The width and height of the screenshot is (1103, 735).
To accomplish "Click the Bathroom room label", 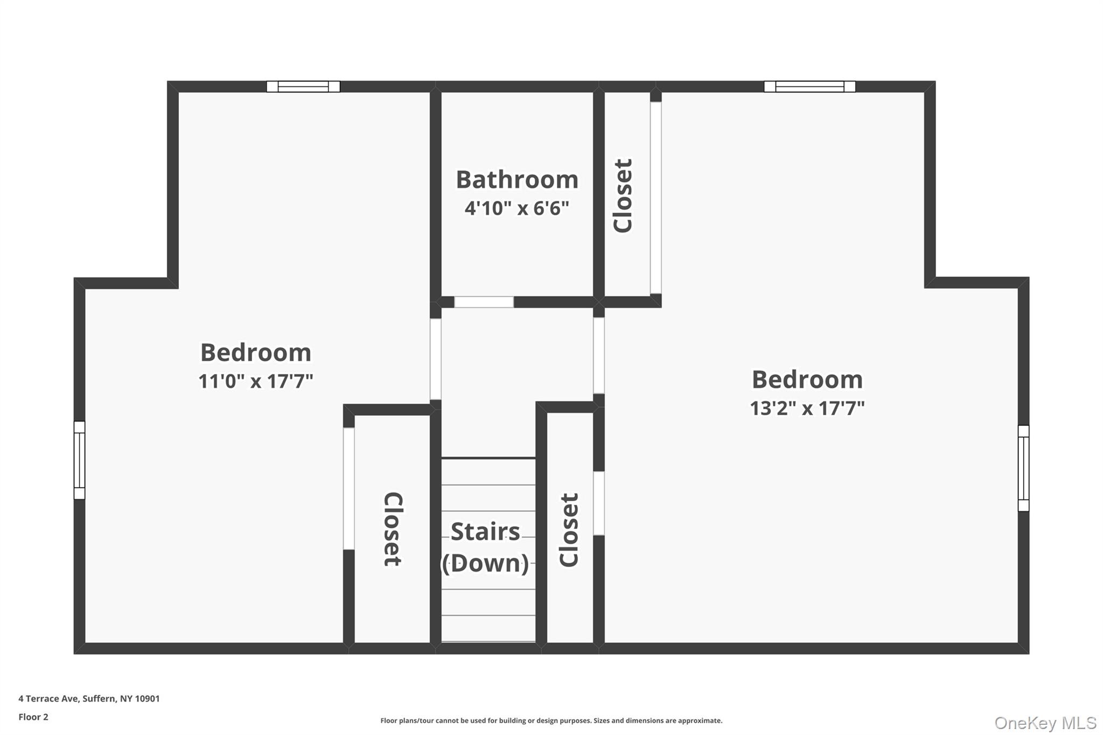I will (517, 180).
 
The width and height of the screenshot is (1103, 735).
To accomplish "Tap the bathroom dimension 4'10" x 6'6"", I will (517, 208).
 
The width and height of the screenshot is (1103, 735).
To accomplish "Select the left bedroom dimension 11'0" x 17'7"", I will (256, 381).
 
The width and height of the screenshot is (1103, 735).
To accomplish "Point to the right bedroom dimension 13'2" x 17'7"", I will (807, 408).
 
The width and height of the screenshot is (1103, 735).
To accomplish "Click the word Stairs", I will (485, 532).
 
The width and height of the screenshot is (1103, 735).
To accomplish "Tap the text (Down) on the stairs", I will (485, 563).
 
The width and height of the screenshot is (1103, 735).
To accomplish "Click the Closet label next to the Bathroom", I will (623, 195).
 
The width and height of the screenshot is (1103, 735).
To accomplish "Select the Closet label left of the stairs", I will (393, 529).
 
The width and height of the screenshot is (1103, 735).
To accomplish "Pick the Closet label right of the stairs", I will (569, 530).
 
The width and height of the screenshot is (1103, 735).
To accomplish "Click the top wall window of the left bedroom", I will (303, 87).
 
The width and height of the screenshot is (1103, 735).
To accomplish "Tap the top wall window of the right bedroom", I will (809, 87).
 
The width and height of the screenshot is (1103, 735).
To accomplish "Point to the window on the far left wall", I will (79, 460).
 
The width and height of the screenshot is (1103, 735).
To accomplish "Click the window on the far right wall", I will (1023, 468).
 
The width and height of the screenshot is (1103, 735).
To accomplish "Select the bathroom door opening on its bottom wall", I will (484, 302).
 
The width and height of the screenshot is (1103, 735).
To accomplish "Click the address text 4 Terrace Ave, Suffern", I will (89, 698).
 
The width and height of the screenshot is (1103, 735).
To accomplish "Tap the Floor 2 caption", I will (33, 717).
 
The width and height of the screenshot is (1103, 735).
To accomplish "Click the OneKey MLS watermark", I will (1045, 723).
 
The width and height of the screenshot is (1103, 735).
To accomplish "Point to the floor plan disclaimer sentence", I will (551, 720).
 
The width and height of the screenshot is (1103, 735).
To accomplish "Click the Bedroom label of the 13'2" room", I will (807, 380).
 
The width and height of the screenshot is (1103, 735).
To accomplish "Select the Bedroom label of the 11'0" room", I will (256, 353).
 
